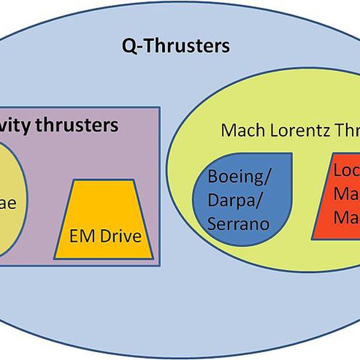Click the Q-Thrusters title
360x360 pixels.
176,45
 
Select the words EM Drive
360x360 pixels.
106,236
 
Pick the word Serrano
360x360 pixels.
238,224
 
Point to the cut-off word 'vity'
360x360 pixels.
17,125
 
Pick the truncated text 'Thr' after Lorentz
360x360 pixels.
344,130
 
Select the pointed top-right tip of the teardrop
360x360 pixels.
292,155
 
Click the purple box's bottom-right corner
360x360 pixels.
159,265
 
